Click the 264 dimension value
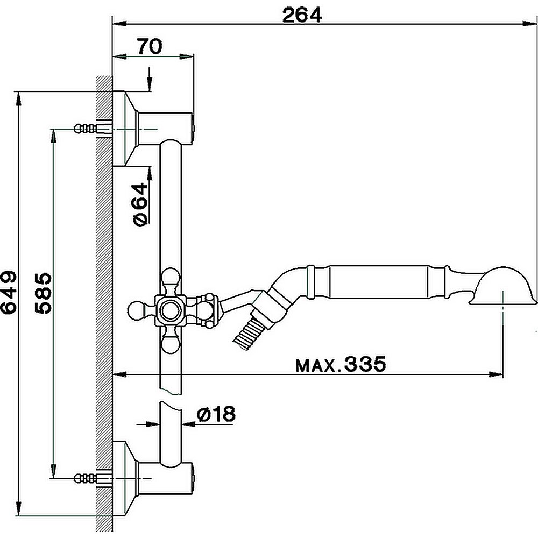pos(302,15)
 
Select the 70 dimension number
pos(149,47)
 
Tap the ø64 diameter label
pos(140,204)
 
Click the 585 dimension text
pos(43,293)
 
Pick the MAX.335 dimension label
pos(341,365)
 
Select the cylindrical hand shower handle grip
pos(379,280)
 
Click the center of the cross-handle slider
pos(172,310)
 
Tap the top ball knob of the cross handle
pos(172,278)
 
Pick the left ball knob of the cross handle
pos(137,310)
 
